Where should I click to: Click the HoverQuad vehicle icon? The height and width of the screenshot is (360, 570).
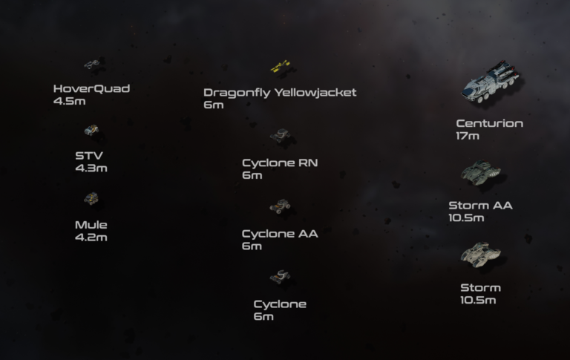point(92,65)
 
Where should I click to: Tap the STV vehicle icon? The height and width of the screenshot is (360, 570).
point(91,130)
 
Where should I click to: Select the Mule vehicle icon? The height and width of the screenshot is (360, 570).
point(91,198)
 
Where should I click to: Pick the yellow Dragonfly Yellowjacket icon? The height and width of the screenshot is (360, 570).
point(281,66)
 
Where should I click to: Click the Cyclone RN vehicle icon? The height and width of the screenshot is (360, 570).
point(280,135)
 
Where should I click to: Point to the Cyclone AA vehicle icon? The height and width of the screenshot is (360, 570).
point(280,206)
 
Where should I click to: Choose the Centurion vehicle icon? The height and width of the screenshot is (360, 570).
point(491,82)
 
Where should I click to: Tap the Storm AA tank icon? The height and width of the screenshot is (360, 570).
point(481,173)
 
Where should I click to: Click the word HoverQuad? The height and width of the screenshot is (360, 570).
point(91,89)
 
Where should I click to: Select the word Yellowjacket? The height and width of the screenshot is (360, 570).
point(315,93)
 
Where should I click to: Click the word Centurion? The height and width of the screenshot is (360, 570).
point(490,124)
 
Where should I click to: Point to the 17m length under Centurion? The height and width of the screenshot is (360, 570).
point(468,136)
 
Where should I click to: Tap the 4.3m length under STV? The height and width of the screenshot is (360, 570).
point(91,168)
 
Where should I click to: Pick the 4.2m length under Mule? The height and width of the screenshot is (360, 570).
point(91,238)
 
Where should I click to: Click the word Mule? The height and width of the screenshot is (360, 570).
point(91,225)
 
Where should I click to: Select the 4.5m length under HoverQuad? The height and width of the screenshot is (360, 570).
point(70,101)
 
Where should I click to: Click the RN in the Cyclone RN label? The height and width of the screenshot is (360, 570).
point(308,163)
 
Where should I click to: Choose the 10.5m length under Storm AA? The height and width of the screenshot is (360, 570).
point(466,218)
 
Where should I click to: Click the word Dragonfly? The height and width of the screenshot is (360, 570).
point(237,93)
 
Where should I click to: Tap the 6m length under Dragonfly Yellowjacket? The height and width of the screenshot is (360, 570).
point(214,105)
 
